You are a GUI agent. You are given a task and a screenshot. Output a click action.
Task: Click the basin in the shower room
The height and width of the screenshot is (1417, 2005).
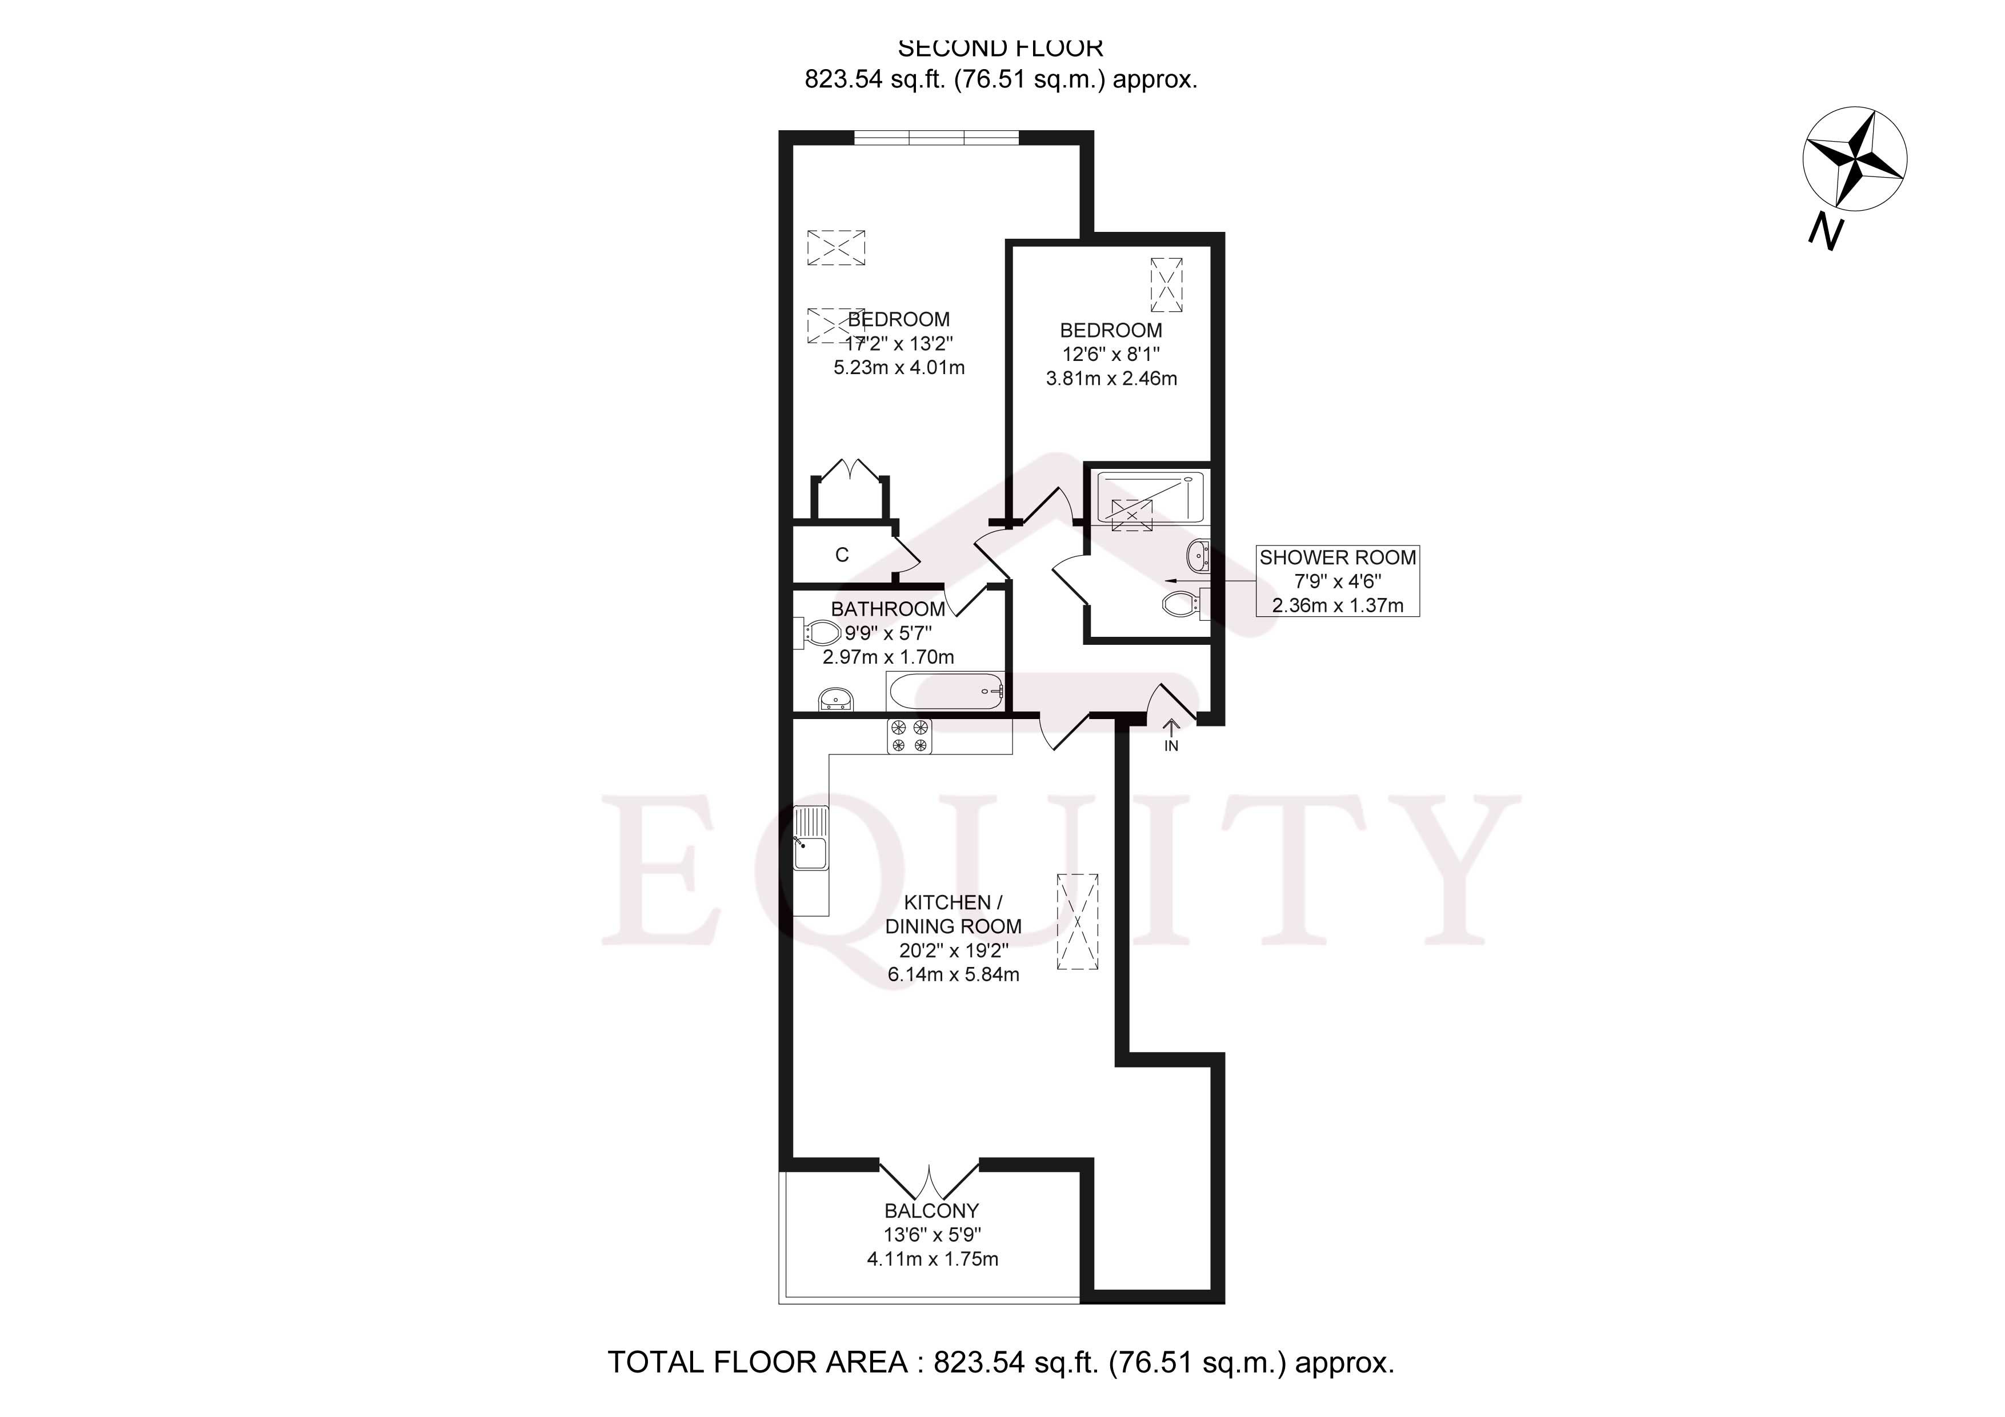tap(1198, 553)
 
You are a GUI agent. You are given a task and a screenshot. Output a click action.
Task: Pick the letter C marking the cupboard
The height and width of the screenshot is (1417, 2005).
tap(842, 555)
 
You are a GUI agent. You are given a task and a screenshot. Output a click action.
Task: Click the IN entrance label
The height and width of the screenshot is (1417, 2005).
tap(1171, 745)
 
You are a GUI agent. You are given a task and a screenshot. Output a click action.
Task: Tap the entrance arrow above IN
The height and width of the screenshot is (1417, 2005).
tap(1171, 726)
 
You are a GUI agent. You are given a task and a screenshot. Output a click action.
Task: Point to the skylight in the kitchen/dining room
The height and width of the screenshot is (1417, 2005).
tap(1078, 921)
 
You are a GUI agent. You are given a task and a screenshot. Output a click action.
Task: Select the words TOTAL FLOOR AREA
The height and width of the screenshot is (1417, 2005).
tap(757, 1363)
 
